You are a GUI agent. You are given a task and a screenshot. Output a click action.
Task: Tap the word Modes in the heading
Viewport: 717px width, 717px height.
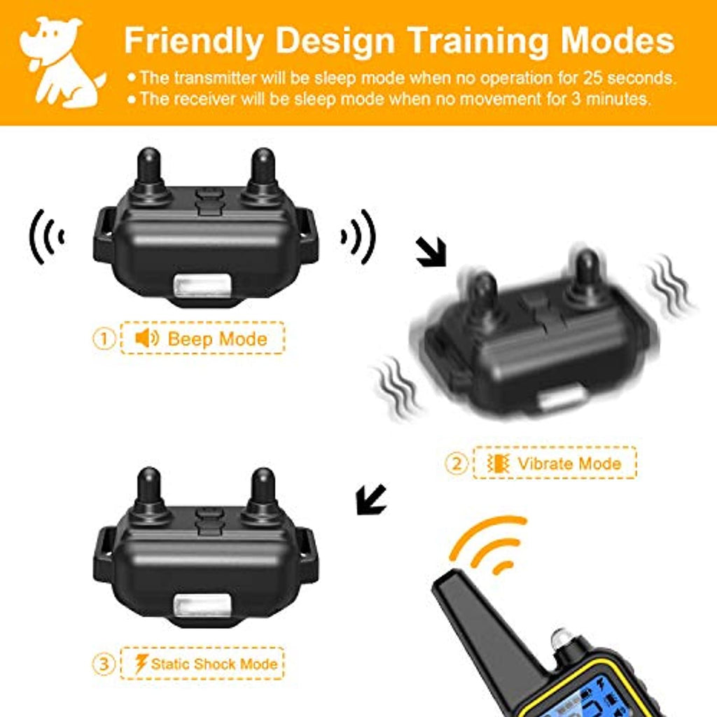(x=618, y=40)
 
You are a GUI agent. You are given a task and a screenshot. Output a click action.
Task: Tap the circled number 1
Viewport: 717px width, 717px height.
(x=104, y=339)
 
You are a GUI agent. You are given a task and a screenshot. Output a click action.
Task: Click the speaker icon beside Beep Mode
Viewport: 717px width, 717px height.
(x=147, y=338)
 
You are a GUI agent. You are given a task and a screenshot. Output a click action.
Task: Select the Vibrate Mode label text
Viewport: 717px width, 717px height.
(x=569, y=464)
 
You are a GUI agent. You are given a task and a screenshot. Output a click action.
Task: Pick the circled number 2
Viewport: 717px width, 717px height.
(x=457, y=464)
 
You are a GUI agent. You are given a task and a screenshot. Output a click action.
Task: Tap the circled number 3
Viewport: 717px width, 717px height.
(x=104, y=664)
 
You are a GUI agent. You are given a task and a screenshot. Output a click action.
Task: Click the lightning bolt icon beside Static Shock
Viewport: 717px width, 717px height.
(x=141, y=664)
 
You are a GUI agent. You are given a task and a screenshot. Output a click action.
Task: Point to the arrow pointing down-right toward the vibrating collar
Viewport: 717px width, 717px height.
(x=431, y=251)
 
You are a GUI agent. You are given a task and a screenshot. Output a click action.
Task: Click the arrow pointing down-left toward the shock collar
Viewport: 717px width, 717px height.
(x=371, y=500)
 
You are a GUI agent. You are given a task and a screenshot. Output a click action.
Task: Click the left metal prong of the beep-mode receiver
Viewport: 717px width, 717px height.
(x=149, y=174)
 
